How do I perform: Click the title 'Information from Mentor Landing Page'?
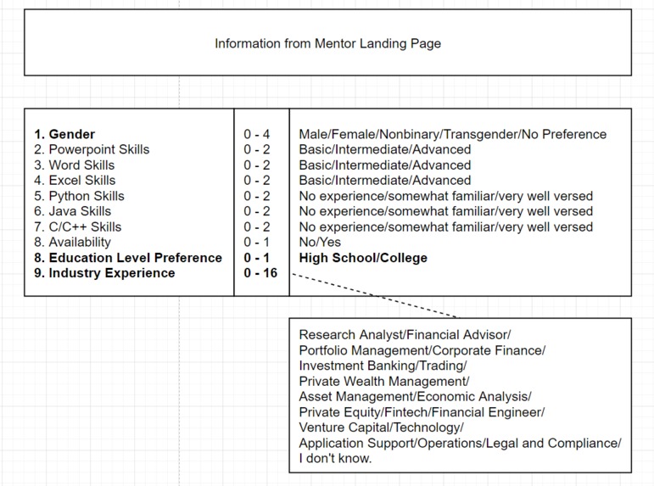tap(327, 43)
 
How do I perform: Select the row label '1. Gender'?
tap(64, 134)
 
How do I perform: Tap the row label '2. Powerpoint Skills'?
tap(92, 149)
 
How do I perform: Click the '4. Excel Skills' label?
tap(75, 180)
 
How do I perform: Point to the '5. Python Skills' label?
tap(79, 196)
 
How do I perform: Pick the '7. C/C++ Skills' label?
tap(78, 226)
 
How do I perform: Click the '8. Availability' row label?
tap(72, 242)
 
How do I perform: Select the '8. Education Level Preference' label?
tap(128, 258)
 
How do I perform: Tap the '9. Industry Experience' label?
tap(104, 273)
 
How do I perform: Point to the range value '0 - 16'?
tap(260, 273)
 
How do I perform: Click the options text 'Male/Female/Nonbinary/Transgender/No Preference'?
tap(453, 134)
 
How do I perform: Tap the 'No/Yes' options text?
tap(320, 242)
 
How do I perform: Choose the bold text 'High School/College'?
tap(363, 258)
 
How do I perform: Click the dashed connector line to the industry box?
tap(373, 295)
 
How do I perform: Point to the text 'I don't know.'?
tap(335, 458)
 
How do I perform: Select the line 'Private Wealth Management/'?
tap(383, 382)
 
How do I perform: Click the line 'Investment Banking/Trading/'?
tap(383, 366)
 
